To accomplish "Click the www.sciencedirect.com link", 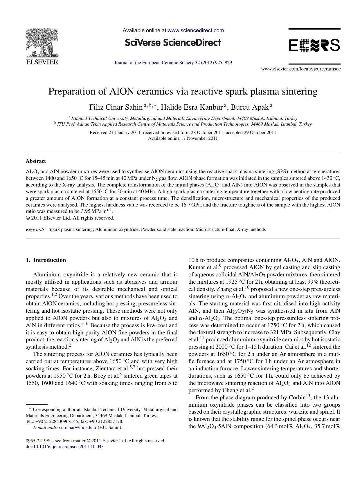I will click(196, 30).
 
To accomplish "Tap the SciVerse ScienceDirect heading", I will click(173, 43).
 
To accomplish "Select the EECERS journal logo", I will click(314, 46).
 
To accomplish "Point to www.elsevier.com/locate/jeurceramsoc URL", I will click(301, 69).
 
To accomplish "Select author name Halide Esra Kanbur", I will click(192, 107).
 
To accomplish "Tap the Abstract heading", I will click(36, 161).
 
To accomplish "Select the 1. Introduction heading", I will click(46, 260).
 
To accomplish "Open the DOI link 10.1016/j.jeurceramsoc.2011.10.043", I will click(69, 447).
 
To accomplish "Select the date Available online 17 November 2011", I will click(183, 138).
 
